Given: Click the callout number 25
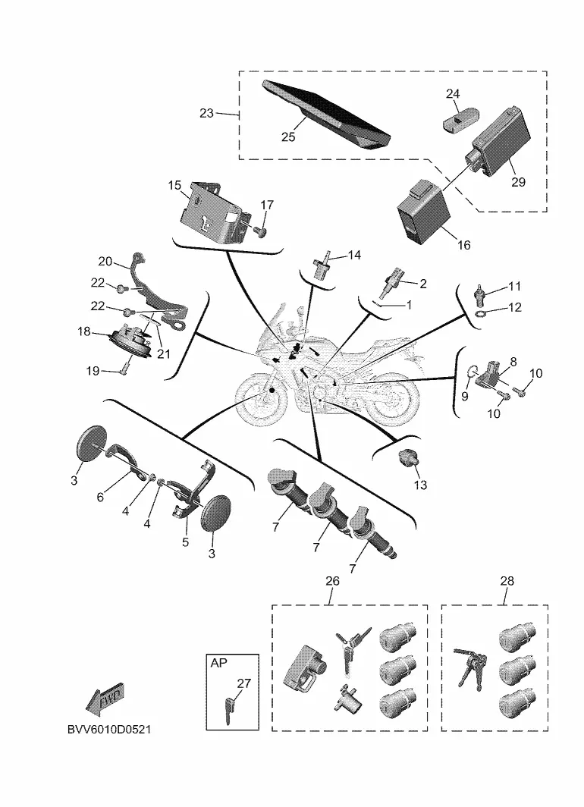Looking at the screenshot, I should [x=288, y=137].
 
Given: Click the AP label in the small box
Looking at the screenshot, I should [x=218, y=662].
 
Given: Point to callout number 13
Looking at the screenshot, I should [x=420, y=485].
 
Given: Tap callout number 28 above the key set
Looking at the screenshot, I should [x=507, y=581].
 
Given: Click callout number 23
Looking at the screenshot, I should [x=206, y=113].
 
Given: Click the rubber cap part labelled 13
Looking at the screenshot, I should [x=409, y=458].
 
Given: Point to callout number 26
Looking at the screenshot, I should [x=331, y=581].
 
